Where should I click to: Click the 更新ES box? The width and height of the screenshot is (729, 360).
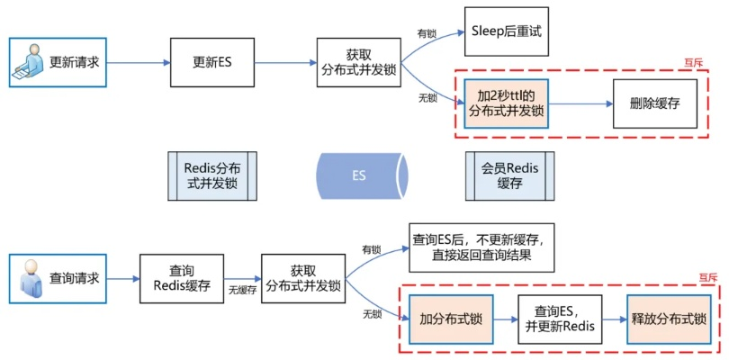click(x=211, y=63)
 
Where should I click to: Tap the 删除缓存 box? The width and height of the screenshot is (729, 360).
click(x=654, y=103)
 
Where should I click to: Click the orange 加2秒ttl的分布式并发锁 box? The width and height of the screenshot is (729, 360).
click(x=507, y=103)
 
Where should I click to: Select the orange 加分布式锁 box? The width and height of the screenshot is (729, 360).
click(x=452, y=319)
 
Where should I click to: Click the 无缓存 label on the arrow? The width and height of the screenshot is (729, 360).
click(x=242, y=291)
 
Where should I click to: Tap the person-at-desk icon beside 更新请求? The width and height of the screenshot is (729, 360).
click(x=30, y=64)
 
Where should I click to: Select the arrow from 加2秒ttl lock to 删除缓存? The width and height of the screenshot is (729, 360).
click(x=580, y=103)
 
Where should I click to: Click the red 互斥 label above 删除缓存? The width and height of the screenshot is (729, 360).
click(x=693, y=63)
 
